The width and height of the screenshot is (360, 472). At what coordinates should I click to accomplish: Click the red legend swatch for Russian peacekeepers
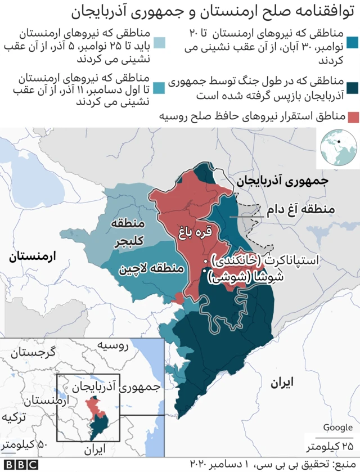pos(353,117)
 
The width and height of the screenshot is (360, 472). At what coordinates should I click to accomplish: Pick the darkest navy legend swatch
pos(353,87)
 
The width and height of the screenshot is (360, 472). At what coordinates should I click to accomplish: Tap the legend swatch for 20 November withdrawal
pos(353,43)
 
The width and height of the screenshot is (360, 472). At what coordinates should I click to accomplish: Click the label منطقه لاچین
pos(151,269)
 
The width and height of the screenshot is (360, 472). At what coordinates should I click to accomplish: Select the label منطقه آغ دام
pos(300,210)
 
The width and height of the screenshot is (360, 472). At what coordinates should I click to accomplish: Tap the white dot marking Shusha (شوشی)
pos(204,273)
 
